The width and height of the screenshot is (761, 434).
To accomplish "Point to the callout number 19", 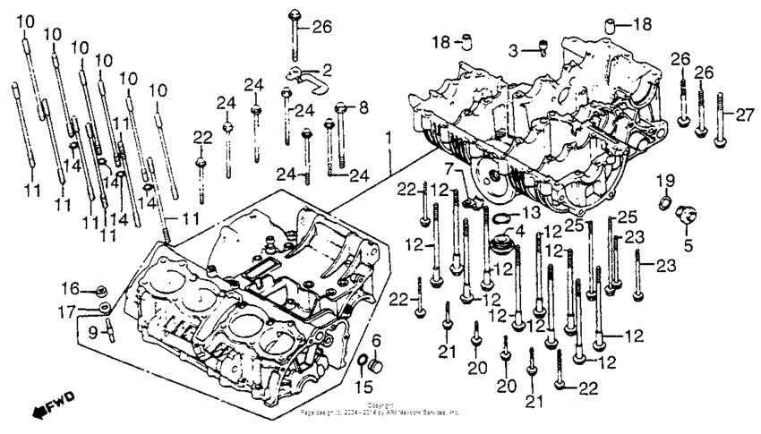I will coord(663,183).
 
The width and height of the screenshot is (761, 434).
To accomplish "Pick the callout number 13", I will coord(531,212).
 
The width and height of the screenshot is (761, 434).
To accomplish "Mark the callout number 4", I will coord(517,231).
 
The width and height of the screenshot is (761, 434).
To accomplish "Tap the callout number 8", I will coord(363,108).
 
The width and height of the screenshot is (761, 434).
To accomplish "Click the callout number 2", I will coord(327,68).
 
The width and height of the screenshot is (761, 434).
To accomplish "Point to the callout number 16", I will coord(71,288).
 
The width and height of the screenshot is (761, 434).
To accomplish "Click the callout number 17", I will coord(71,311).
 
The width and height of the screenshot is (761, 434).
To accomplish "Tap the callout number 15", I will coord(363,387).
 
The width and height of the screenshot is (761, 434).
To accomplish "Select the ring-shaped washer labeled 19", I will coord(664,205).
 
